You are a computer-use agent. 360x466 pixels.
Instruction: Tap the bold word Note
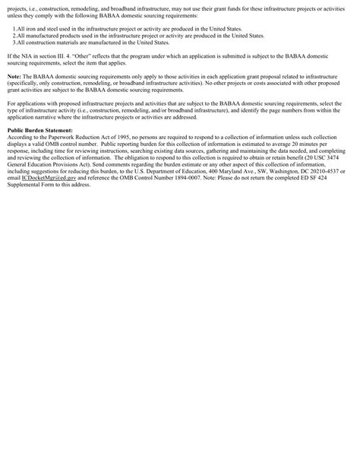pos(14,76)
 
